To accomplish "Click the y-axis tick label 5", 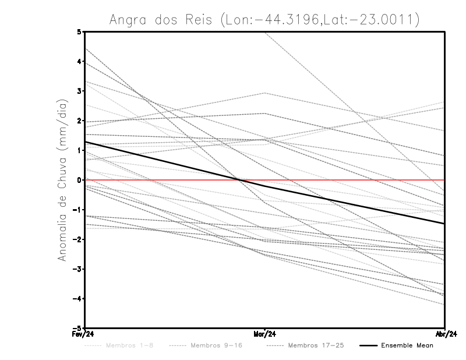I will pyautogui.click(x=79, y=31).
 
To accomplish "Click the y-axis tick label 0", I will pyautogui.click(x=79, y=180).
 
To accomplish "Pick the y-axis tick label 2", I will pyautogui.click(x=79, y=121).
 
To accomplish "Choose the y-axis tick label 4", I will pyautogui.click(x=79, y=61).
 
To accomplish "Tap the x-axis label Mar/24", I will pyautogui.click(x=265, y=334).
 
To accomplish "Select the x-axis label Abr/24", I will pyautogui.click(x=445, y=334).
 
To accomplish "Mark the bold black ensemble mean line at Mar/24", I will pyautogui.click(x=265, y=186).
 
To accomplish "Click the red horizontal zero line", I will pyautogui.click(x=349, y=180).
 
